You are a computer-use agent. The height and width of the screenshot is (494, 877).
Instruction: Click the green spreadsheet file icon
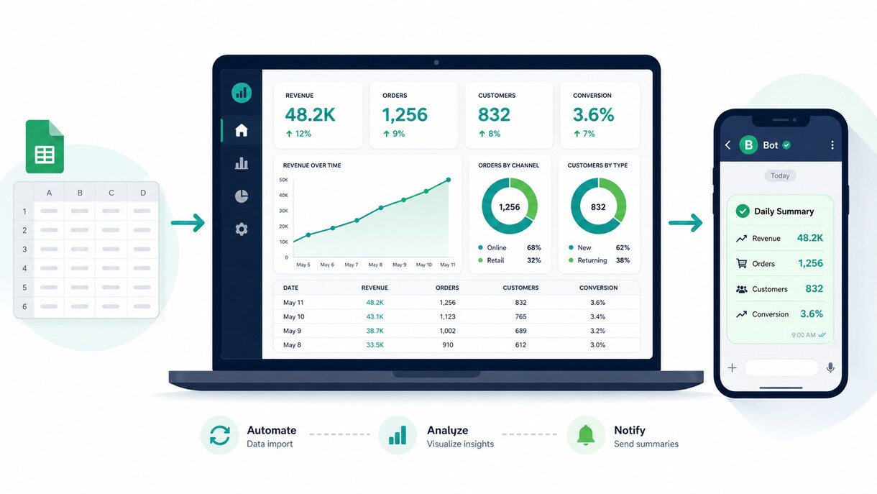click(45, 147)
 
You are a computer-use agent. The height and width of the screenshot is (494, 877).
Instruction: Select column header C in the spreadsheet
click(111, 193)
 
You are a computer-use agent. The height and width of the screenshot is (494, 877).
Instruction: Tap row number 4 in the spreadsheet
click(24, 268)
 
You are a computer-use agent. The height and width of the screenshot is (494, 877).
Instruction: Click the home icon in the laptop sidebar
click(242, 130)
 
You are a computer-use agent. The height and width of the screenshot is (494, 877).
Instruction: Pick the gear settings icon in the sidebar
click(242, 229)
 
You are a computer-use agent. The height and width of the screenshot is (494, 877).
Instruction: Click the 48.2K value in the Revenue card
click(310, 115)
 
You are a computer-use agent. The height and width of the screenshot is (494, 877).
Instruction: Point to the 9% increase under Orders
click(394, 134)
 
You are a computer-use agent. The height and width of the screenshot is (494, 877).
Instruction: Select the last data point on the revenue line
click(449, 180)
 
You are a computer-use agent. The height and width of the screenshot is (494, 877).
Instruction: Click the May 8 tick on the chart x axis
click(375, 265)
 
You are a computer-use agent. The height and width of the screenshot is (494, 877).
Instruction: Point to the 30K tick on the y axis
click(283, 211)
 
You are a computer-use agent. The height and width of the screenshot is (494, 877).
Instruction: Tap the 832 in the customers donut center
click(598, 207)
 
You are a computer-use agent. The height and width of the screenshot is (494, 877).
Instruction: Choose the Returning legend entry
click(588, 260)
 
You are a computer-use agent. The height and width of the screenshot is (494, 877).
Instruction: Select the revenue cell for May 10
click(375, 316)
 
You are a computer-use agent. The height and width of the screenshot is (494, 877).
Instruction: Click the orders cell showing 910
click(448, 344)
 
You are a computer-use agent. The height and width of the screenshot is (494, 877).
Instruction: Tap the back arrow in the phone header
click(727, 145)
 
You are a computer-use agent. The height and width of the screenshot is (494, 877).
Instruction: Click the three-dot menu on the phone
click(832, 145)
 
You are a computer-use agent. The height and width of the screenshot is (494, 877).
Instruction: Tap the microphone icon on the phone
click(830, 368)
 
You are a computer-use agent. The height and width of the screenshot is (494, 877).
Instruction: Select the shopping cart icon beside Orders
click(741, 263)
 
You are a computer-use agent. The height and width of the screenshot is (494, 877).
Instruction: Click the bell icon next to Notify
click(586, 435)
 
